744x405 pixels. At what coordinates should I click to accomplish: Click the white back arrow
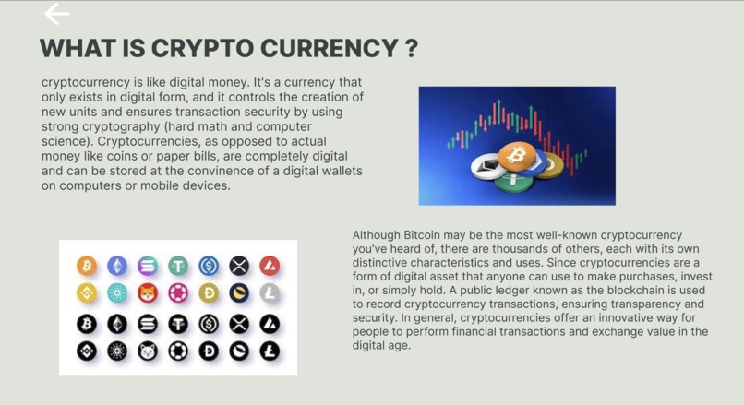click(x=57, y=14)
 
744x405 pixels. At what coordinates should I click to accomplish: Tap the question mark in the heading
click(x=411, y=48)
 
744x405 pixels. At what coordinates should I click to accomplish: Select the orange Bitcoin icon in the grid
click(x=87, y=267)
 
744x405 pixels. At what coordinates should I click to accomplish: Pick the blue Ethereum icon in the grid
click(x=117, y=267)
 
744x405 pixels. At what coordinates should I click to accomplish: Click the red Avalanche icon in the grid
click(x=270, y=267)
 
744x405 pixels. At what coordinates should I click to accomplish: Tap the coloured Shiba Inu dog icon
click(x=148, y=293)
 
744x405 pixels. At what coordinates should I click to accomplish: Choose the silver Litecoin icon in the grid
click(x=270, y=293)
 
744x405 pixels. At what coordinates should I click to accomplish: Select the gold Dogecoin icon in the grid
click(x=209, y=293)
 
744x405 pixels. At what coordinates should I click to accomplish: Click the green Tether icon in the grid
click(x=178, y=267)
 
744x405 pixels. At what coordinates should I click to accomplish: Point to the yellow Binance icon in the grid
click(x=87, y=293)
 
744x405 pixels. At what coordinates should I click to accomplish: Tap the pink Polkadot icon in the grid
click(x=178, y=293)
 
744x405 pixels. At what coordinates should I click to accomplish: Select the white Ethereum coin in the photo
click(x=487, y=168)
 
